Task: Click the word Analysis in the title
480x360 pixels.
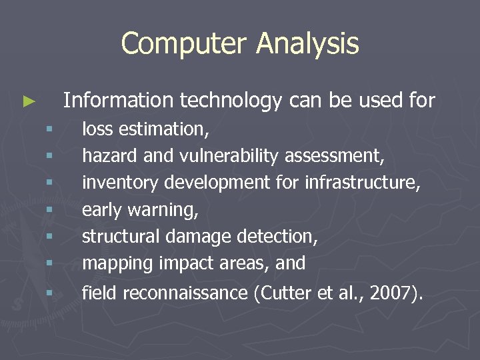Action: pos(307,44)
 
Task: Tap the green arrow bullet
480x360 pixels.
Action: pos(29,102)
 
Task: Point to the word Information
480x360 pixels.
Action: pos(117,101)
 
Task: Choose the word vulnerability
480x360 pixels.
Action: pos(229,156)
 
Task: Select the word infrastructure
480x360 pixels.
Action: pos(362,183)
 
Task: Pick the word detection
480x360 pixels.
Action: pos(277,237)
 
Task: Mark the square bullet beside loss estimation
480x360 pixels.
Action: pos(49,129)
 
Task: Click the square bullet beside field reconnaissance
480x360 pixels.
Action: pos(49,292)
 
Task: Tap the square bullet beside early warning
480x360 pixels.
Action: pos(49,210)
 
